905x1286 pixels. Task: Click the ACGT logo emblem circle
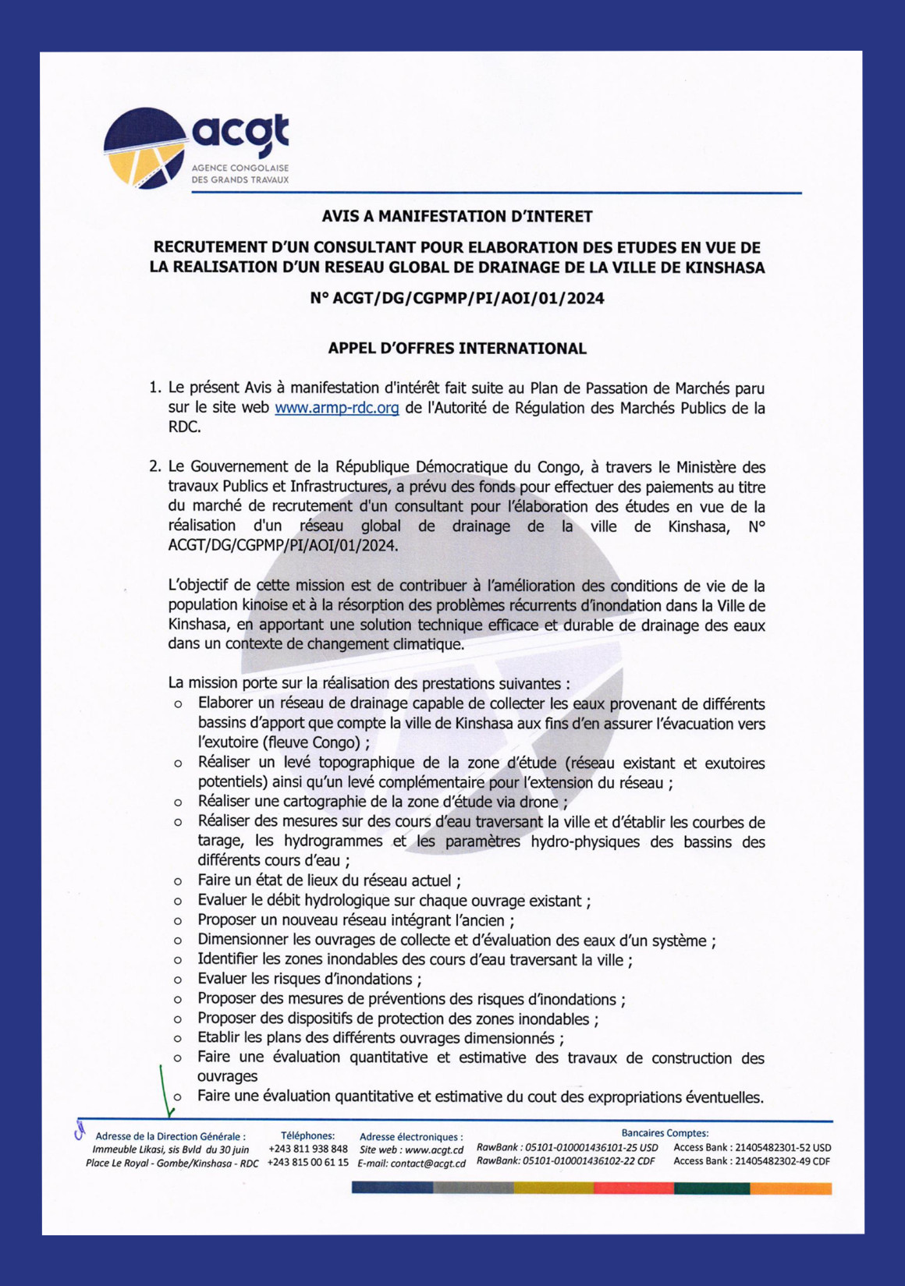[145, 148]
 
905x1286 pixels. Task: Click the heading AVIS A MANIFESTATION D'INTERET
[457, 216]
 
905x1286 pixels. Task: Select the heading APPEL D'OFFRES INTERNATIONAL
[457, 349]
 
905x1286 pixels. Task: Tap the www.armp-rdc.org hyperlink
[336, 408]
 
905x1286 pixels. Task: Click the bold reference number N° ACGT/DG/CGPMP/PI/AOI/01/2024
[457, 298]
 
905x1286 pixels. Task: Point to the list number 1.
[154, 388]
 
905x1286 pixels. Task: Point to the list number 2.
[154, 467]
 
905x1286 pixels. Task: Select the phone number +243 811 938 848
[308, 1149]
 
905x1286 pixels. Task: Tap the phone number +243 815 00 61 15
[308, 1162]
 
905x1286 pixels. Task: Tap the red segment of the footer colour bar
[633, 1189]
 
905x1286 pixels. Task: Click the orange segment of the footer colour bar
[791, 1189]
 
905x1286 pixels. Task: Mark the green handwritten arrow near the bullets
[165, 1092]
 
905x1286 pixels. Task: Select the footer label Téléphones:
[307, 1135]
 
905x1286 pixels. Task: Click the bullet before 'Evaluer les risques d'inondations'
[178, 980]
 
